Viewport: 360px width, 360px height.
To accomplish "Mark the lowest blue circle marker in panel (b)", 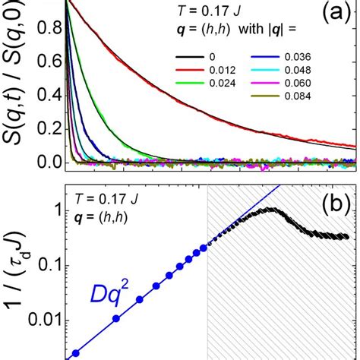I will tap(74, 352).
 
